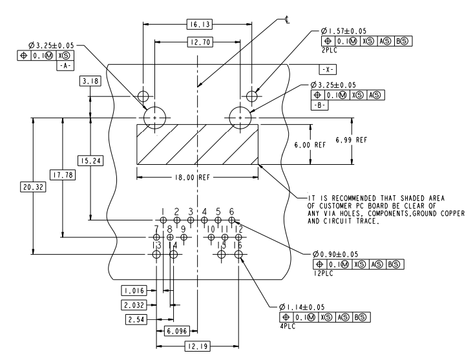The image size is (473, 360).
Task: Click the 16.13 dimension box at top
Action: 196,25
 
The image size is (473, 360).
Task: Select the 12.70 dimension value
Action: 196,42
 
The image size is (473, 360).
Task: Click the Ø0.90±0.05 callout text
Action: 337,254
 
